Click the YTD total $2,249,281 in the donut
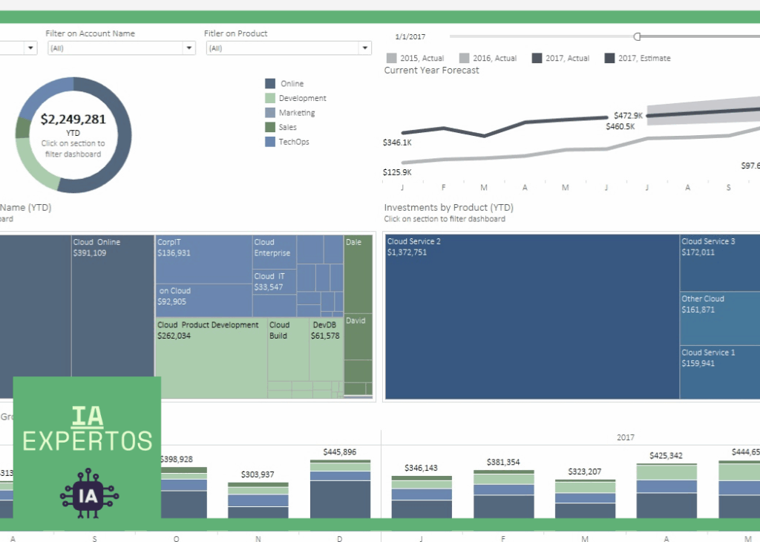tap(73, 119)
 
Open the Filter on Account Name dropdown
tap(121, 48)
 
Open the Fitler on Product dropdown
tap(287, 48)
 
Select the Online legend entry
tap(292, 84)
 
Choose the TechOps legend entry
tap(294, 142)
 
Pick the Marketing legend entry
tap(296, 113)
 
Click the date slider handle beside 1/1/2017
tap(637, 36)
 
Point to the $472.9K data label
tap(628, 115)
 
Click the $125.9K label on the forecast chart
tap(397, 172)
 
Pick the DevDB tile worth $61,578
tap(326, 349)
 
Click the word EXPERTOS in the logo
tap(87, 440)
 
